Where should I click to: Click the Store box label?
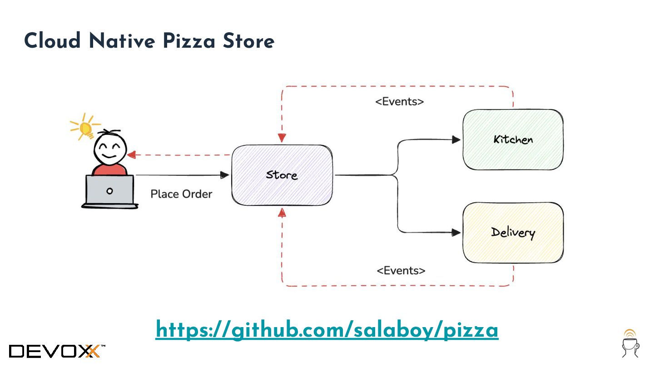[282, 175]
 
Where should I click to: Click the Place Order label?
[181, 194]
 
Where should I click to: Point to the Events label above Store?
[399, 102]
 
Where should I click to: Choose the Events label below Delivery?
[401, 271]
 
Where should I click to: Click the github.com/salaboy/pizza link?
[327, 330]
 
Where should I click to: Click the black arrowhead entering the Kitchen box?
[456, 140]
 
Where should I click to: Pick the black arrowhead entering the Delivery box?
[456, 233]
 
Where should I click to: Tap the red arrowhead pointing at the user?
[132, 155]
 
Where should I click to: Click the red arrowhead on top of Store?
[282, 138]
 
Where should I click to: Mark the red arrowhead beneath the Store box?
[282, 212]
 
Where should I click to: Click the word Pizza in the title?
[189, 41]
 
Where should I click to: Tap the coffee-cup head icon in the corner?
[630, 343]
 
